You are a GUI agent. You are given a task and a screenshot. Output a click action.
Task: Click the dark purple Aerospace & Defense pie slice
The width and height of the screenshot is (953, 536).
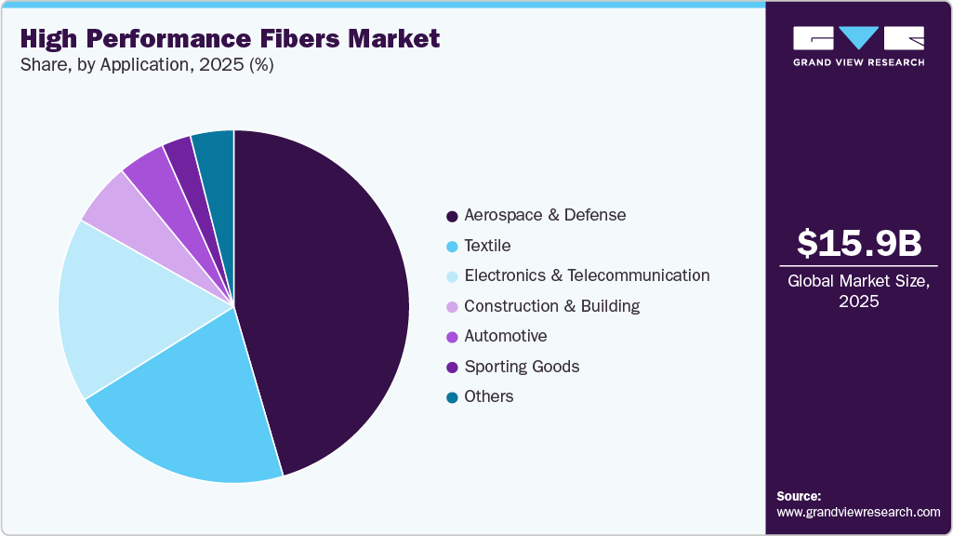[x=325, y=298]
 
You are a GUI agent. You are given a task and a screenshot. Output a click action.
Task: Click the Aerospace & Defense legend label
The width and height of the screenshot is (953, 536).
[x=545, y=215]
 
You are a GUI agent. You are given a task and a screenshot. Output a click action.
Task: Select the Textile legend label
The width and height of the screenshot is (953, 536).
[x=487, y=246]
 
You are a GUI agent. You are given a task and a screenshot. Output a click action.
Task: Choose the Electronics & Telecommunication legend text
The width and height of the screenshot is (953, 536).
[x=587, y=275]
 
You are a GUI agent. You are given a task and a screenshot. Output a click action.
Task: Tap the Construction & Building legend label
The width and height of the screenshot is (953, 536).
[x=551, y=306]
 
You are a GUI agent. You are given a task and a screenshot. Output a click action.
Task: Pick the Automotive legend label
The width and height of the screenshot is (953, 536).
[x=505, y=336]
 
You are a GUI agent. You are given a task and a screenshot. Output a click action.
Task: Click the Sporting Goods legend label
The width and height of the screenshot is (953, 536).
[x=522, y=367]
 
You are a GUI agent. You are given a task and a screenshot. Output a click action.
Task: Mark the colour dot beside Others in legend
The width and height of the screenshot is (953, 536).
[x=452, y=397]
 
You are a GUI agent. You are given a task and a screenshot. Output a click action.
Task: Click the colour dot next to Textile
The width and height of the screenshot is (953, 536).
[x=452, y=247]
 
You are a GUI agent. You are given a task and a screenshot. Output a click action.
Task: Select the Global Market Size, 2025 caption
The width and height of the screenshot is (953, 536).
[x=859, y=291]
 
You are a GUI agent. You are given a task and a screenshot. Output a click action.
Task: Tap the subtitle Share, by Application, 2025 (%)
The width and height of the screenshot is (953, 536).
[x=146, y=65]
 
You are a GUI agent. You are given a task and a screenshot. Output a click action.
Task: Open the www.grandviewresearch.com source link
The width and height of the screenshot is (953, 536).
[x=858, y=512]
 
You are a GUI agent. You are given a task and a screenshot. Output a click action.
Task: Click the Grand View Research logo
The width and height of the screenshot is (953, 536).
[x=858, y=46]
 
